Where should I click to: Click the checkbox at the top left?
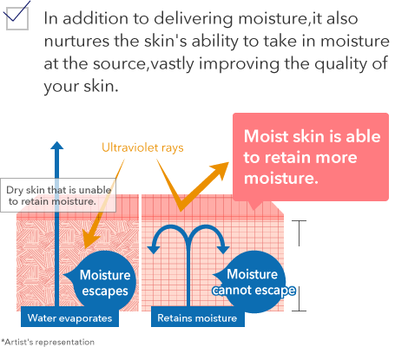pos(17,18)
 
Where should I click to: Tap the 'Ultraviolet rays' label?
pos(142,147)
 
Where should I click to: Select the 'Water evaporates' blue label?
pos(69,318)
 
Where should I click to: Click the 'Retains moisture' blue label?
pos(197,318)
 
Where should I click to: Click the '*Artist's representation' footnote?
pos(48,342)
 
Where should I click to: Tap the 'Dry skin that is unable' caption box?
pos(58,195)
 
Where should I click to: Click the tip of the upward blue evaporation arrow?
pos(57,141)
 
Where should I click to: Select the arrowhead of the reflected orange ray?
pos(221,169)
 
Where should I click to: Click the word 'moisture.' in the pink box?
pos(281,178)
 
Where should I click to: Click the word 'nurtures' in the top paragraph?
pos(77,41)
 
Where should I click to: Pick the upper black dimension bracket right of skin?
pos(299,233)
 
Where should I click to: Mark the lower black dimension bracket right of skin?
pos(299,298)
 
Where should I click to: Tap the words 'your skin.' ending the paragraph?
pos(82,86)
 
